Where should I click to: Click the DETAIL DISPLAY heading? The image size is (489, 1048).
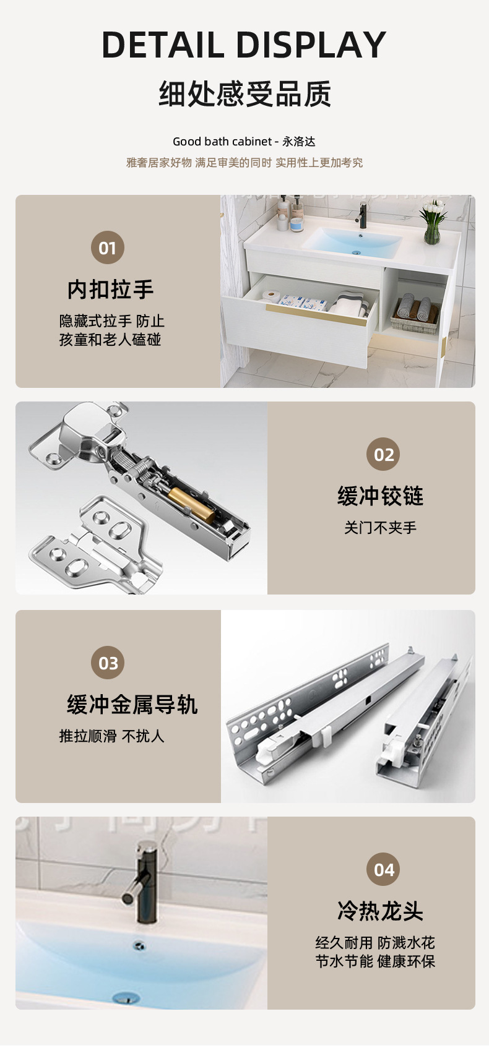click(244, 45)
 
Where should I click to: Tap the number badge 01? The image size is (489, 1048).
click(108, 247)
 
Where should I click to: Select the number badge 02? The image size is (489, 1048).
click(383, 454)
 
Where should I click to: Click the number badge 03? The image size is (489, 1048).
click(108, 663)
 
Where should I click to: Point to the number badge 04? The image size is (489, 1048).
click(383, 869)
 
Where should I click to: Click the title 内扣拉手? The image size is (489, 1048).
click(110, 289)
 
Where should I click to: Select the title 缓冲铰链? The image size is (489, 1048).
click(381, 496)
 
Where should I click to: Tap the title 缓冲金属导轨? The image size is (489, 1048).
click(132, 704)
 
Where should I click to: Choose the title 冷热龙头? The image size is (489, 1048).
click(381, 911)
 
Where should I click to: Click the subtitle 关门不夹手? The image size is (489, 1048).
click(381, 528)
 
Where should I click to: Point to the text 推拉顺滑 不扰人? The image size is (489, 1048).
click(111, 736)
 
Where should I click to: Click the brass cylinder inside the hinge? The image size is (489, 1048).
click(191, 504)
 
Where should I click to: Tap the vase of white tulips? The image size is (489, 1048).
click(433, 221)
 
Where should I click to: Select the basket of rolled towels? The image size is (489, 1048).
click(415, 314)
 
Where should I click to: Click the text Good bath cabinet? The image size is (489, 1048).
click(222, 141)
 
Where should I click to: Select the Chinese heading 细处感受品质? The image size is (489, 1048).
click(244, 93)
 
